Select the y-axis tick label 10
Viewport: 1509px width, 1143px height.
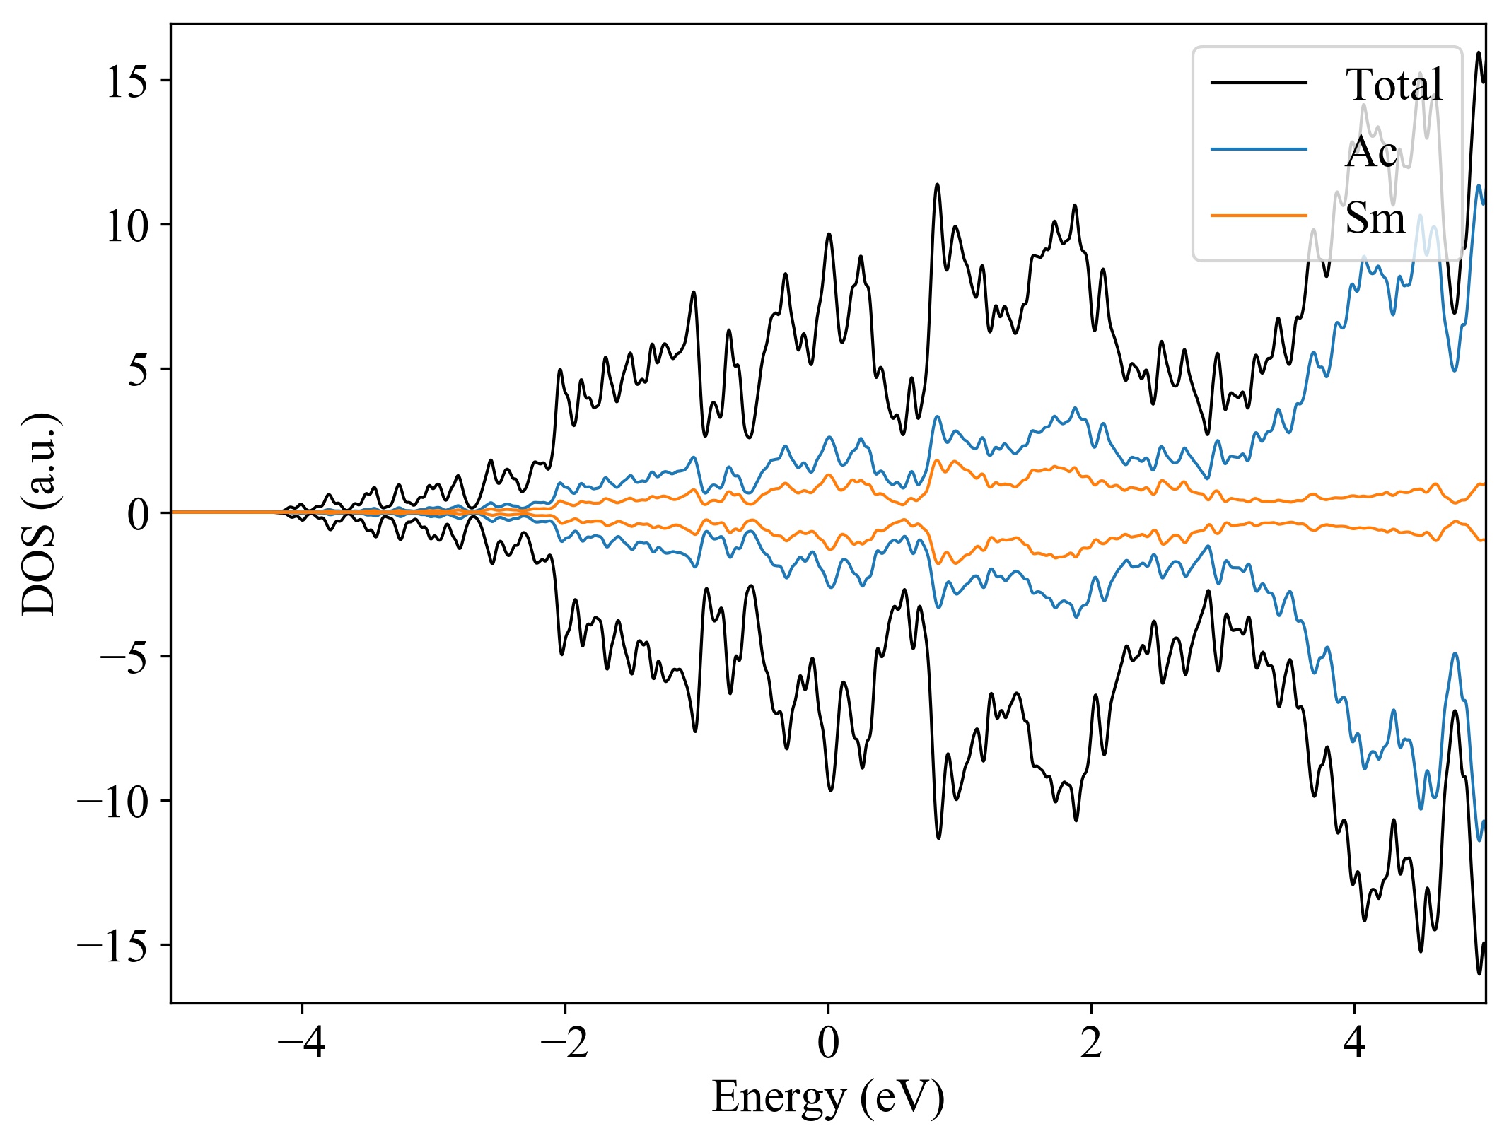click(x=127, y=227)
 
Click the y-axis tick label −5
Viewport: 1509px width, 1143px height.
click(x=124, y=658)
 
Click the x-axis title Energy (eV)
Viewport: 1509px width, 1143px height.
click(x=828, y=1098)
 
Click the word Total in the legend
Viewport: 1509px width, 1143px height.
click(x=1394, y=85)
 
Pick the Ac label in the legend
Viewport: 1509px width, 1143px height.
click(x=1371, y=151)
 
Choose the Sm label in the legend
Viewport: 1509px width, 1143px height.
click(x=1375, y=217)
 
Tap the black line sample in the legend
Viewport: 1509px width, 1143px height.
click(x=1259, y=83)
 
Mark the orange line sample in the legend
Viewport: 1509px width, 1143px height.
click(x=1259, y=215)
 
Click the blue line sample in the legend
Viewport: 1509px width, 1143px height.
click(x=1259, y=149)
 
